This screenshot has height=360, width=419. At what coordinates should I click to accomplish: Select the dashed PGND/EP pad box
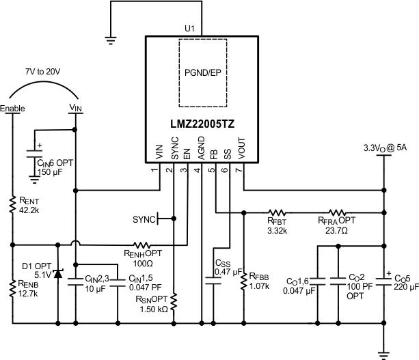(204, 72)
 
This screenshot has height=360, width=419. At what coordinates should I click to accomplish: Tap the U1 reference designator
(190, 28)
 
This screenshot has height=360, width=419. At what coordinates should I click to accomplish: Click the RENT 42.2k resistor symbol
(12, 204)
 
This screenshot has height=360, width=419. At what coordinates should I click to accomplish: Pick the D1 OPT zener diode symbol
(57, 274)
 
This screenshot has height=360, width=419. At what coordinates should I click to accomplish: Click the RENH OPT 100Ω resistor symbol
(141, 244)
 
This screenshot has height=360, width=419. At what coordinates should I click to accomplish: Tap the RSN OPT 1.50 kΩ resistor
(174, 301)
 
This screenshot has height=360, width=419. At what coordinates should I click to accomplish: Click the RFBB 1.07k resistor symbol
(243, 281)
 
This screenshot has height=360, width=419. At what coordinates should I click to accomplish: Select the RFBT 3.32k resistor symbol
(277, 212)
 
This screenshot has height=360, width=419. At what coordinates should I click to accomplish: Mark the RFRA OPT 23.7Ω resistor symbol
(338, 212)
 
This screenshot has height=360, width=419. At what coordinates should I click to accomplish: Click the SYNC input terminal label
(144, 219)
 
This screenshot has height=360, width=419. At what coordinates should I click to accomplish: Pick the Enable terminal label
(12, 109)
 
